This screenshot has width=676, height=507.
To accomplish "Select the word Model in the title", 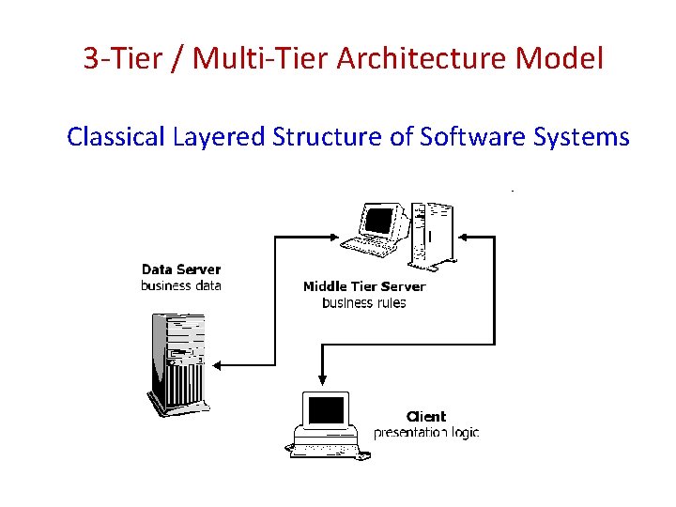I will pos(560,59).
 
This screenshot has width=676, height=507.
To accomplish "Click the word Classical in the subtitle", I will pos(116,137).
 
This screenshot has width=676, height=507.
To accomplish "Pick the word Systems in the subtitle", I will pos(581,137).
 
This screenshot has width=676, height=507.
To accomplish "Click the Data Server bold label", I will pos(181,269).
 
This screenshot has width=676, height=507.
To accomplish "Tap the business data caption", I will pos(181,285).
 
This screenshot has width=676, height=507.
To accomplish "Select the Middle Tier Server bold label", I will pos(364,286).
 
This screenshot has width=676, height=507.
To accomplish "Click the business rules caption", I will pos(364,302).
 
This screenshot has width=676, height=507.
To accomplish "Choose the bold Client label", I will pos(426,416).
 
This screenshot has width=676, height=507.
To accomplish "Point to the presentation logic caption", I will pos(426,433).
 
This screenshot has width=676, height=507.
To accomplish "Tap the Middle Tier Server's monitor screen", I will pos(378,221).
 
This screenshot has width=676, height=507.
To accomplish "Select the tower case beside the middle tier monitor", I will pos(431,230).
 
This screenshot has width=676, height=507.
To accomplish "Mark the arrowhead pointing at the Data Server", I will pos(217,363).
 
